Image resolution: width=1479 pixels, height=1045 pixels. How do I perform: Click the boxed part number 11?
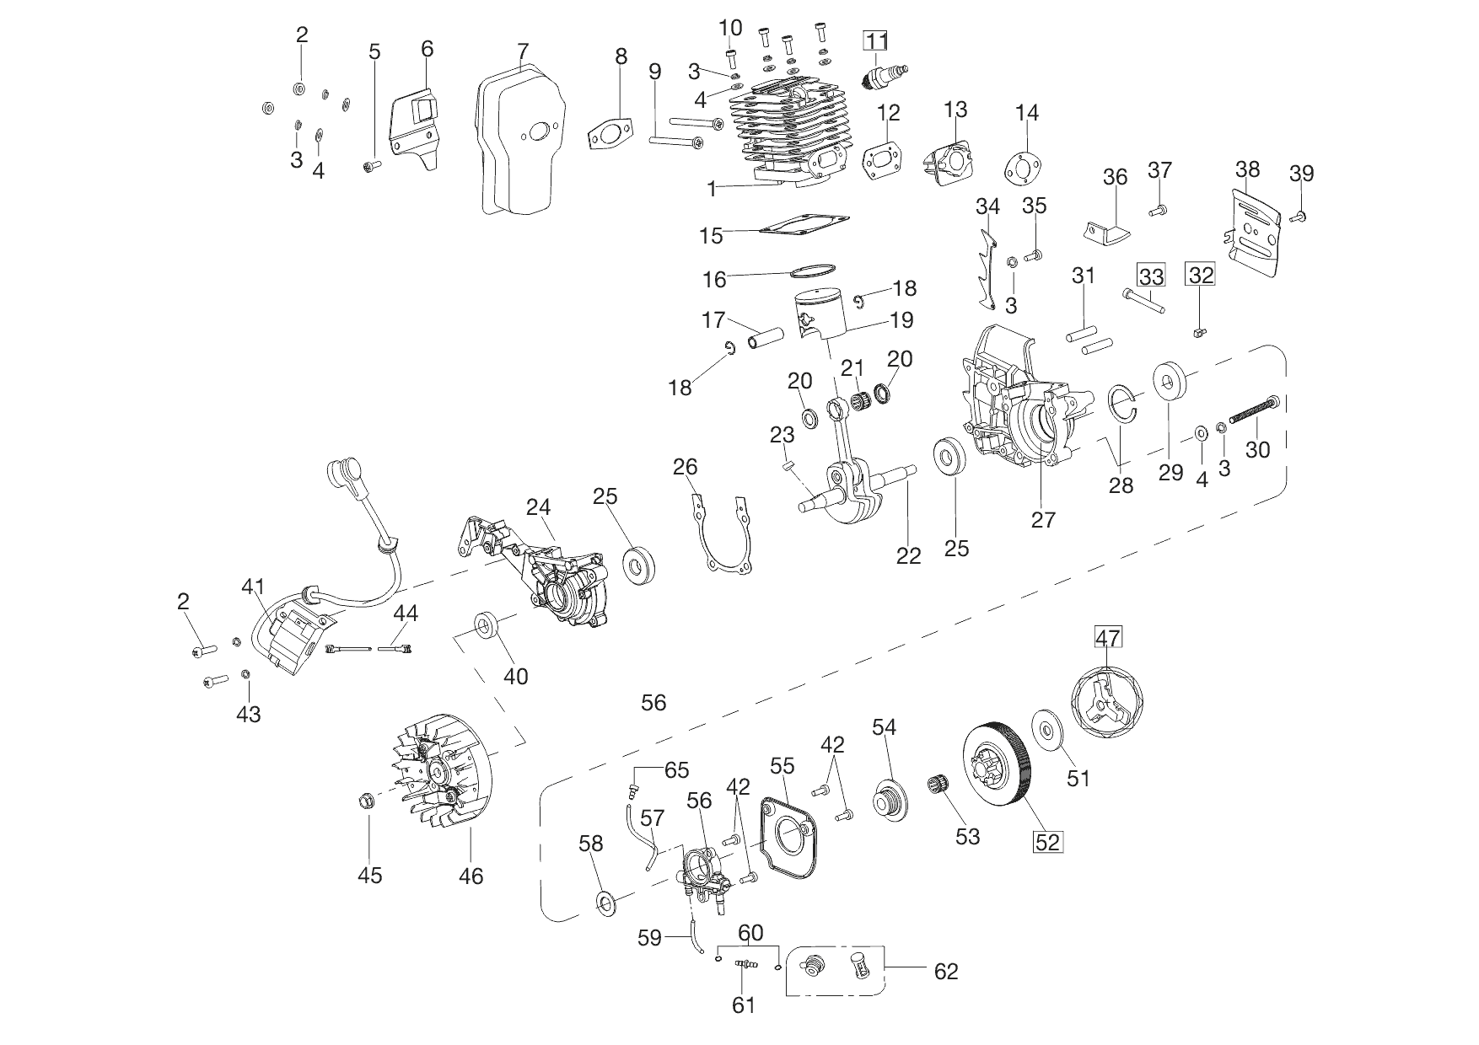coord(875,40)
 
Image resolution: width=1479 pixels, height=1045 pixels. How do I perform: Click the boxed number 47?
coord(1108,637)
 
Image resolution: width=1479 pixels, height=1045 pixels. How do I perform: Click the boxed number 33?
coord(1151,276)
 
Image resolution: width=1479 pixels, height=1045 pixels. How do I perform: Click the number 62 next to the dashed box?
coord(946,971)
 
